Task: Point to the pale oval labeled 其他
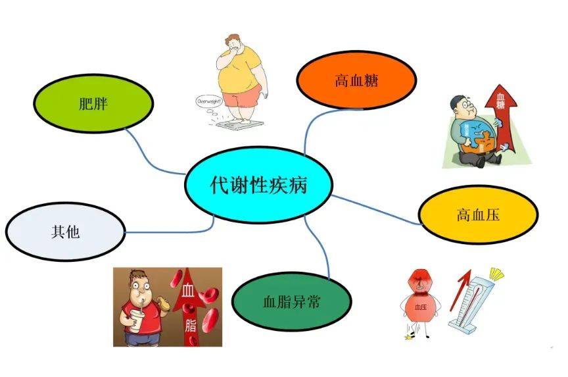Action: point(64,232)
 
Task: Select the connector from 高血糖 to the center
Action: point(310,128)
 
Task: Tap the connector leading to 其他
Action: point(171,230)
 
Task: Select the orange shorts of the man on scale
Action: point(241,98)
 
